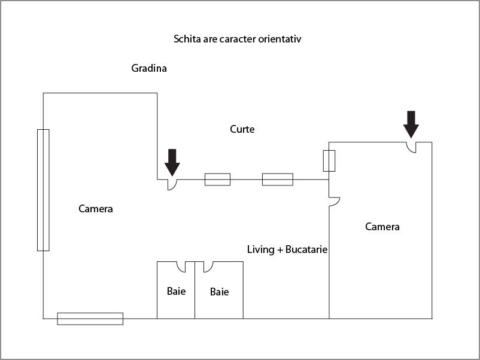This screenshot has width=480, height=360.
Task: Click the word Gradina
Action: [x=149, y=68]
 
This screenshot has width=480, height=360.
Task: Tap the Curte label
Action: [x=242, y=129]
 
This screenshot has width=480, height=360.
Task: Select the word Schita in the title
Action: [x=186, y=39]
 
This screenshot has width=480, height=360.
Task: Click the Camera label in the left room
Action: [x=96, y=209]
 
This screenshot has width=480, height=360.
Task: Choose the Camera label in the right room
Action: [x=382, y=227]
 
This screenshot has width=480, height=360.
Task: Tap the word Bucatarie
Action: [x=306, y=249]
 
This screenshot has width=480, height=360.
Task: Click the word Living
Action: [x=260, y=249]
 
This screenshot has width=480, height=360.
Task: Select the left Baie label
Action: [x=176, y=291]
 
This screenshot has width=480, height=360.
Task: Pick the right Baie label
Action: [x=220, y=292]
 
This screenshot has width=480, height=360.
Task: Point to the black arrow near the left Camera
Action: [x=172, y=162]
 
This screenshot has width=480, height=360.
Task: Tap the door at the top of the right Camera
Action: [x=411, y=147]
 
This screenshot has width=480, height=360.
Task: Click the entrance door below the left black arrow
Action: [x=171, y=185]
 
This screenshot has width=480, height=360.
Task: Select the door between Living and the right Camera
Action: [x=334, y=202]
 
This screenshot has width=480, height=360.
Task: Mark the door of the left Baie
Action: [x=180, y=267]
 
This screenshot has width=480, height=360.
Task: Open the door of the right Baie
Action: [x=209, y=267]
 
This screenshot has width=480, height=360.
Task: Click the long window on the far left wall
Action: [x=43, y=190]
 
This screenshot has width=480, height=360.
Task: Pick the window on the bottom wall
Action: [x=90, y=319]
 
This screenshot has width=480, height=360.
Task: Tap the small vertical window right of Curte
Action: [x=329, y=161]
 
